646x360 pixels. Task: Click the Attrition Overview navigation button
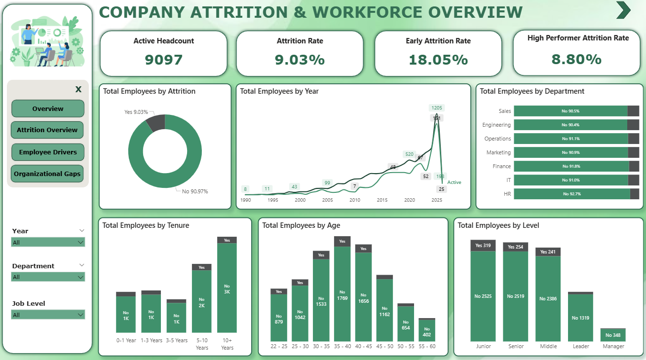pos(47,130)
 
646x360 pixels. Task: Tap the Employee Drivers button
pos(48,152)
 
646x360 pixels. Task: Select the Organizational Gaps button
pos(47,174)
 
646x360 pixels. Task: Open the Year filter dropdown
pos(48,242)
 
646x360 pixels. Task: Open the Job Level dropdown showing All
pos(48,315)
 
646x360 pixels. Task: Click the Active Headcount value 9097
pos(164,60)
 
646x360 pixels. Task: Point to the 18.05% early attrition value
pos(438,60)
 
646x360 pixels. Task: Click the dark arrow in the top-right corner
pos(623,10)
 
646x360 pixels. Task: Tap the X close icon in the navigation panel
pos(78,89)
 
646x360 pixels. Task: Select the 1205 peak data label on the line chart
pos(437,108)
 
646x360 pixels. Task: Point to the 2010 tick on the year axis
pos(355,200)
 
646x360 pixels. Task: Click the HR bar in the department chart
pos(572,194)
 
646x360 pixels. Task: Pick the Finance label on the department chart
pos(501,166)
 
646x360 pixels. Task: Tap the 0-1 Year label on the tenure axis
pos(126,340)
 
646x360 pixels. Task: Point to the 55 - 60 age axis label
pos(427,346)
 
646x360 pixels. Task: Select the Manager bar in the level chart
pos(613,335)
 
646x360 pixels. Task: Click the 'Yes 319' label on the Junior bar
pos(483,246)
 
